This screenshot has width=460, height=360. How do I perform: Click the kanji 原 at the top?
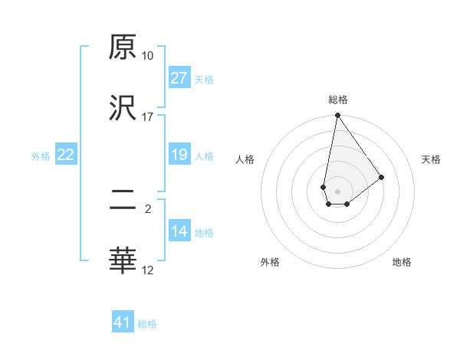(x=123, y=47)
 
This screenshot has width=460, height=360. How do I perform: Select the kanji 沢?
(x=123, y=108)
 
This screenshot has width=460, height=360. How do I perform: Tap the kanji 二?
(x=123, y=201)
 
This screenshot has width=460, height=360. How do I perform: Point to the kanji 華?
(x=123, y=261)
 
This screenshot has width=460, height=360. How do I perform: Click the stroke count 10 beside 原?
(x=147, y=56)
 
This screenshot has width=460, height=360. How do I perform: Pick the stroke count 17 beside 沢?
(x=147, y=116)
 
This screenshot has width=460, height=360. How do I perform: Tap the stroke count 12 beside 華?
(x=147, y=270)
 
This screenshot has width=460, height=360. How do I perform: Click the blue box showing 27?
(x=179, y=78)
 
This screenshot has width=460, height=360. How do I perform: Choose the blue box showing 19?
(x=179, y=155)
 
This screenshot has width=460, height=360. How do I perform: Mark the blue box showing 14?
(x=179, y=231)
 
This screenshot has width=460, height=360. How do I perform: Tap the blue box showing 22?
(x=66, y=155)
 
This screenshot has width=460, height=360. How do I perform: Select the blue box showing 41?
(x=123, y=322)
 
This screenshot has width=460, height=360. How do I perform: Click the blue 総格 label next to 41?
(x=147, y=324)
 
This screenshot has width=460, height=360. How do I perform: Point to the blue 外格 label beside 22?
(x=41, y=156)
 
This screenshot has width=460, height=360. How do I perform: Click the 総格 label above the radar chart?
(x=337, y=100)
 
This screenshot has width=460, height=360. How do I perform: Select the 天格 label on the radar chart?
(x=431, y=159)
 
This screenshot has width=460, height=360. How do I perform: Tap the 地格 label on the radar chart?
(x=402, y=262)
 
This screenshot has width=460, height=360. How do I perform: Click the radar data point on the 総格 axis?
(x=337, y=116)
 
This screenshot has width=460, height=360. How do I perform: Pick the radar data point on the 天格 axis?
(x=382, y=177)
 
